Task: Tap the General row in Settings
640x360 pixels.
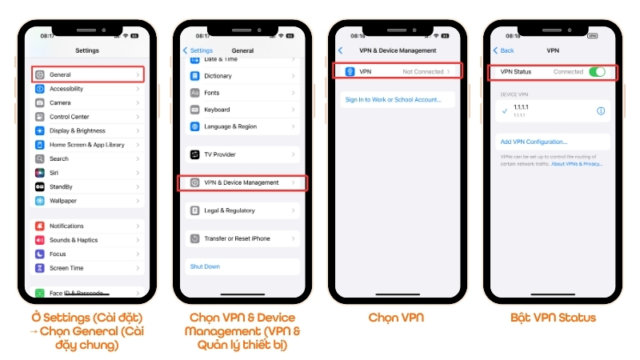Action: tap(88, 74)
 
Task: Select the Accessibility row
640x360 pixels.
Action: tap(88, 89)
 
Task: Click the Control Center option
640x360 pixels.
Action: tap(88, 117)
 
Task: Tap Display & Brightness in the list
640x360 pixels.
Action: tap(88, 130)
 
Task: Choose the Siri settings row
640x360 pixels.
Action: tap(88, 173)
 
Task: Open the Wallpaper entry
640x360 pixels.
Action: tap(88, 201)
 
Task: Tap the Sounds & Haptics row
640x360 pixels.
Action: tap(88, 240)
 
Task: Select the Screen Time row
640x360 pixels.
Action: tap(88, 268)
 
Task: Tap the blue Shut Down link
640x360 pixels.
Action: tap(205, 266)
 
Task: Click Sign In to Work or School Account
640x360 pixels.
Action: tap(393, 100)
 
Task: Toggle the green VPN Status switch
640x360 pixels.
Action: tap(597, 71)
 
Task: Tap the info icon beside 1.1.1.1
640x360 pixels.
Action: tap(601, 111)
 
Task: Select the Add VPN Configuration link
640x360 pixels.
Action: tap(534, 142)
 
